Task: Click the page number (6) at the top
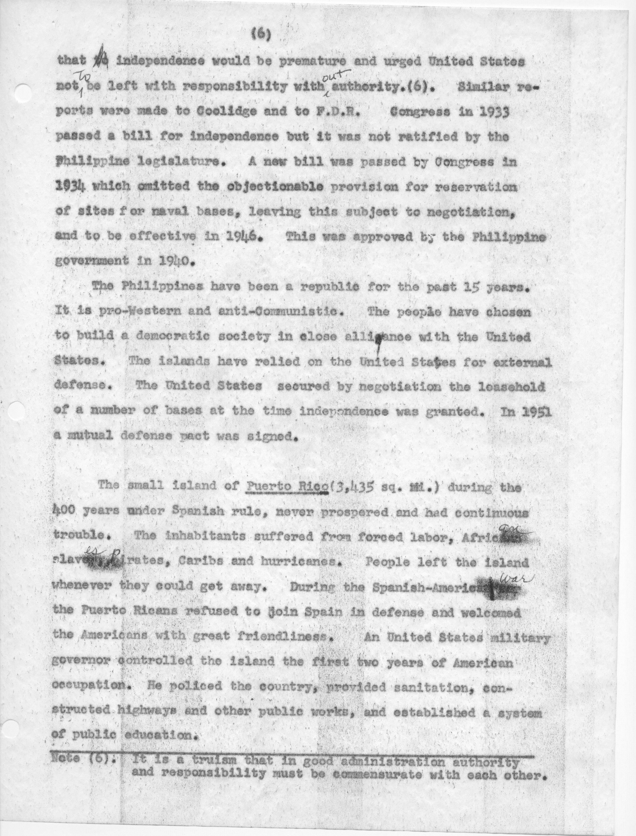coord(261,35)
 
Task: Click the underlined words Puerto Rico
coord(286,487)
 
